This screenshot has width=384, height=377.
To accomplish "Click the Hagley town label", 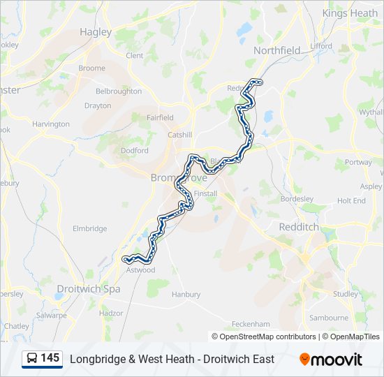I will click(96, 32).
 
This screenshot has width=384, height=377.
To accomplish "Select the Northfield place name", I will click(276, 50).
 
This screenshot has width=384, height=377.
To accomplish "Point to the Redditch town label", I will click(298, 228).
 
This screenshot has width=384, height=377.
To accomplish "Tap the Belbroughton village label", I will click(118, 91).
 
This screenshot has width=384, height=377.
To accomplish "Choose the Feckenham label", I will click(250, 325).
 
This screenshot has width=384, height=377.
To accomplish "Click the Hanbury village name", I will click(186, 295).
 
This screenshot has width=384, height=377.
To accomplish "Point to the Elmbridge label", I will click(90, 228).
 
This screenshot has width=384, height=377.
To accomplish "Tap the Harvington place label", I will click(51, 124).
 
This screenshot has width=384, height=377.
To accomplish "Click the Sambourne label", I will click(328, 318).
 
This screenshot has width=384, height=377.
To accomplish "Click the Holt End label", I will click(351, 200).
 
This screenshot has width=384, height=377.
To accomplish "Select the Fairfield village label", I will click(160, 118).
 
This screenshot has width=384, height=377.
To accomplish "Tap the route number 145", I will click(50, 358).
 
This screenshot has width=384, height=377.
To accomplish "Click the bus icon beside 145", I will click(32, 359).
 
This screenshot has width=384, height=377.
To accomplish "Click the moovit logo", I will click(331, 360).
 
